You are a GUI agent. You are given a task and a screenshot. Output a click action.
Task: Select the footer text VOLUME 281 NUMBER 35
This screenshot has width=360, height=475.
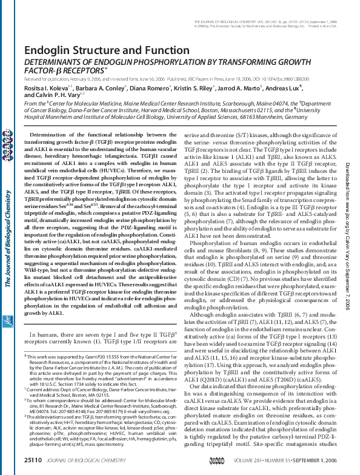point(284,462)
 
